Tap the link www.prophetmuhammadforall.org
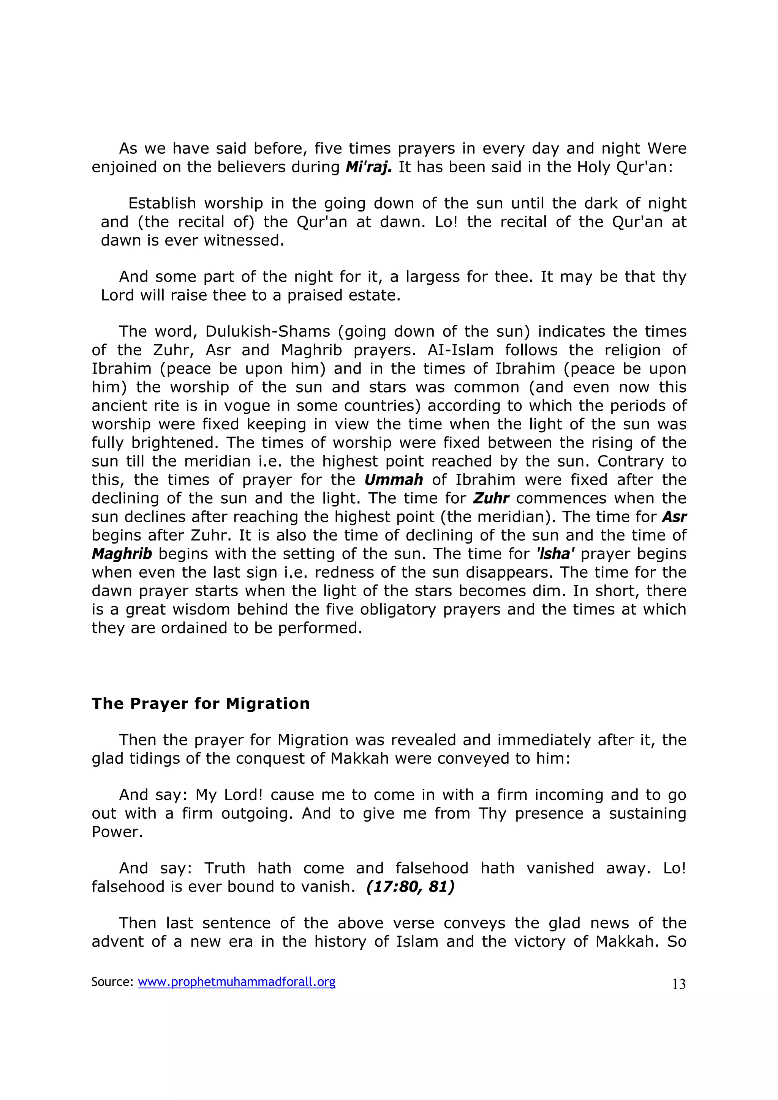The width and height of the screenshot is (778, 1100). click(236, 982)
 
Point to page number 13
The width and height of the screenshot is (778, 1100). click(679, 984)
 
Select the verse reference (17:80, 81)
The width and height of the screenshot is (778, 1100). click(410, 886)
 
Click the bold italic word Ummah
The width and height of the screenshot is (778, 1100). click(394, 479)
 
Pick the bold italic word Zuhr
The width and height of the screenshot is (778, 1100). click(491, 498)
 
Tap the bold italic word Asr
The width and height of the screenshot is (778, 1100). click(674, 517)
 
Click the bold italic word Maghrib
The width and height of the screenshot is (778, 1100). click(122, 554)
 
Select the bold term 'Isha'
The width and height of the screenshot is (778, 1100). click(555, 554)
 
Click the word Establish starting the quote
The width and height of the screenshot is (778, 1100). click(162, 203)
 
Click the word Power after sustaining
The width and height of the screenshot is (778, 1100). click(117, 832)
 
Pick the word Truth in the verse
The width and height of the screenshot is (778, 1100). click(225, 868)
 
